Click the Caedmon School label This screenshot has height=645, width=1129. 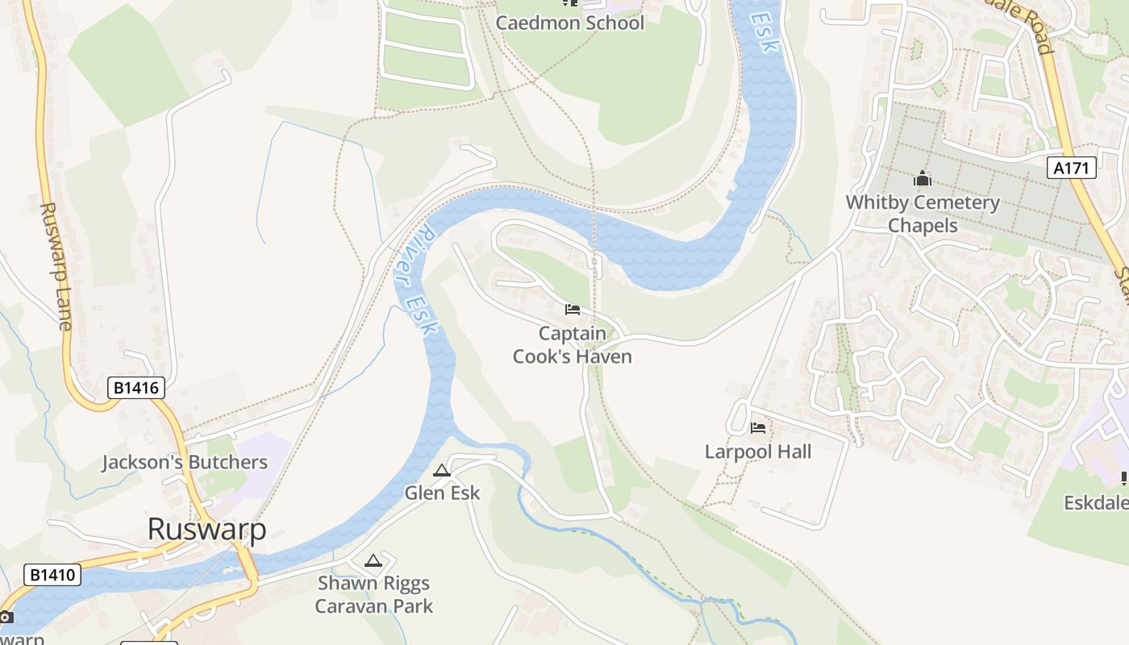point(569,23)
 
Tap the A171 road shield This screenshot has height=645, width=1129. point(1072,168)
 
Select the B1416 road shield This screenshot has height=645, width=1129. point(136,388)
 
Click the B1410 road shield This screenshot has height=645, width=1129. point(53,575)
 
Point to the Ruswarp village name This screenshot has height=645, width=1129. point(206,529)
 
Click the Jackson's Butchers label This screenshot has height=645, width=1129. point(185,462)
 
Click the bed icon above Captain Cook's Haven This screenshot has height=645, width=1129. point(573,310)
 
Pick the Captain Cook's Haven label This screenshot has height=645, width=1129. point(573,344)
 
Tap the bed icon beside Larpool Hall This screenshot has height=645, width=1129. point(758,428)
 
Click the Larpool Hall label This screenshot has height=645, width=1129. point(758,451)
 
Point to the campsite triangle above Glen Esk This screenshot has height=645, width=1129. point(442,471)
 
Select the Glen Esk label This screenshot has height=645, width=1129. point(442,493)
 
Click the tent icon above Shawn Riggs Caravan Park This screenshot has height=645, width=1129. point(373,560)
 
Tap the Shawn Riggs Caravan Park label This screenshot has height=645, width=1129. point(374,594)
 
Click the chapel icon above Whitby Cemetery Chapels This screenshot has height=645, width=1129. point(923,179)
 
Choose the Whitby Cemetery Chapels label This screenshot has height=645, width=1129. point(923,214)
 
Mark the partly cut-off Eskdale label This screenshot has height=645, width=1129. point(1096,503)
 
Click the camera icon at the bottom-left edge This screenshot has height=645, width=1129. point(5,618)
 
